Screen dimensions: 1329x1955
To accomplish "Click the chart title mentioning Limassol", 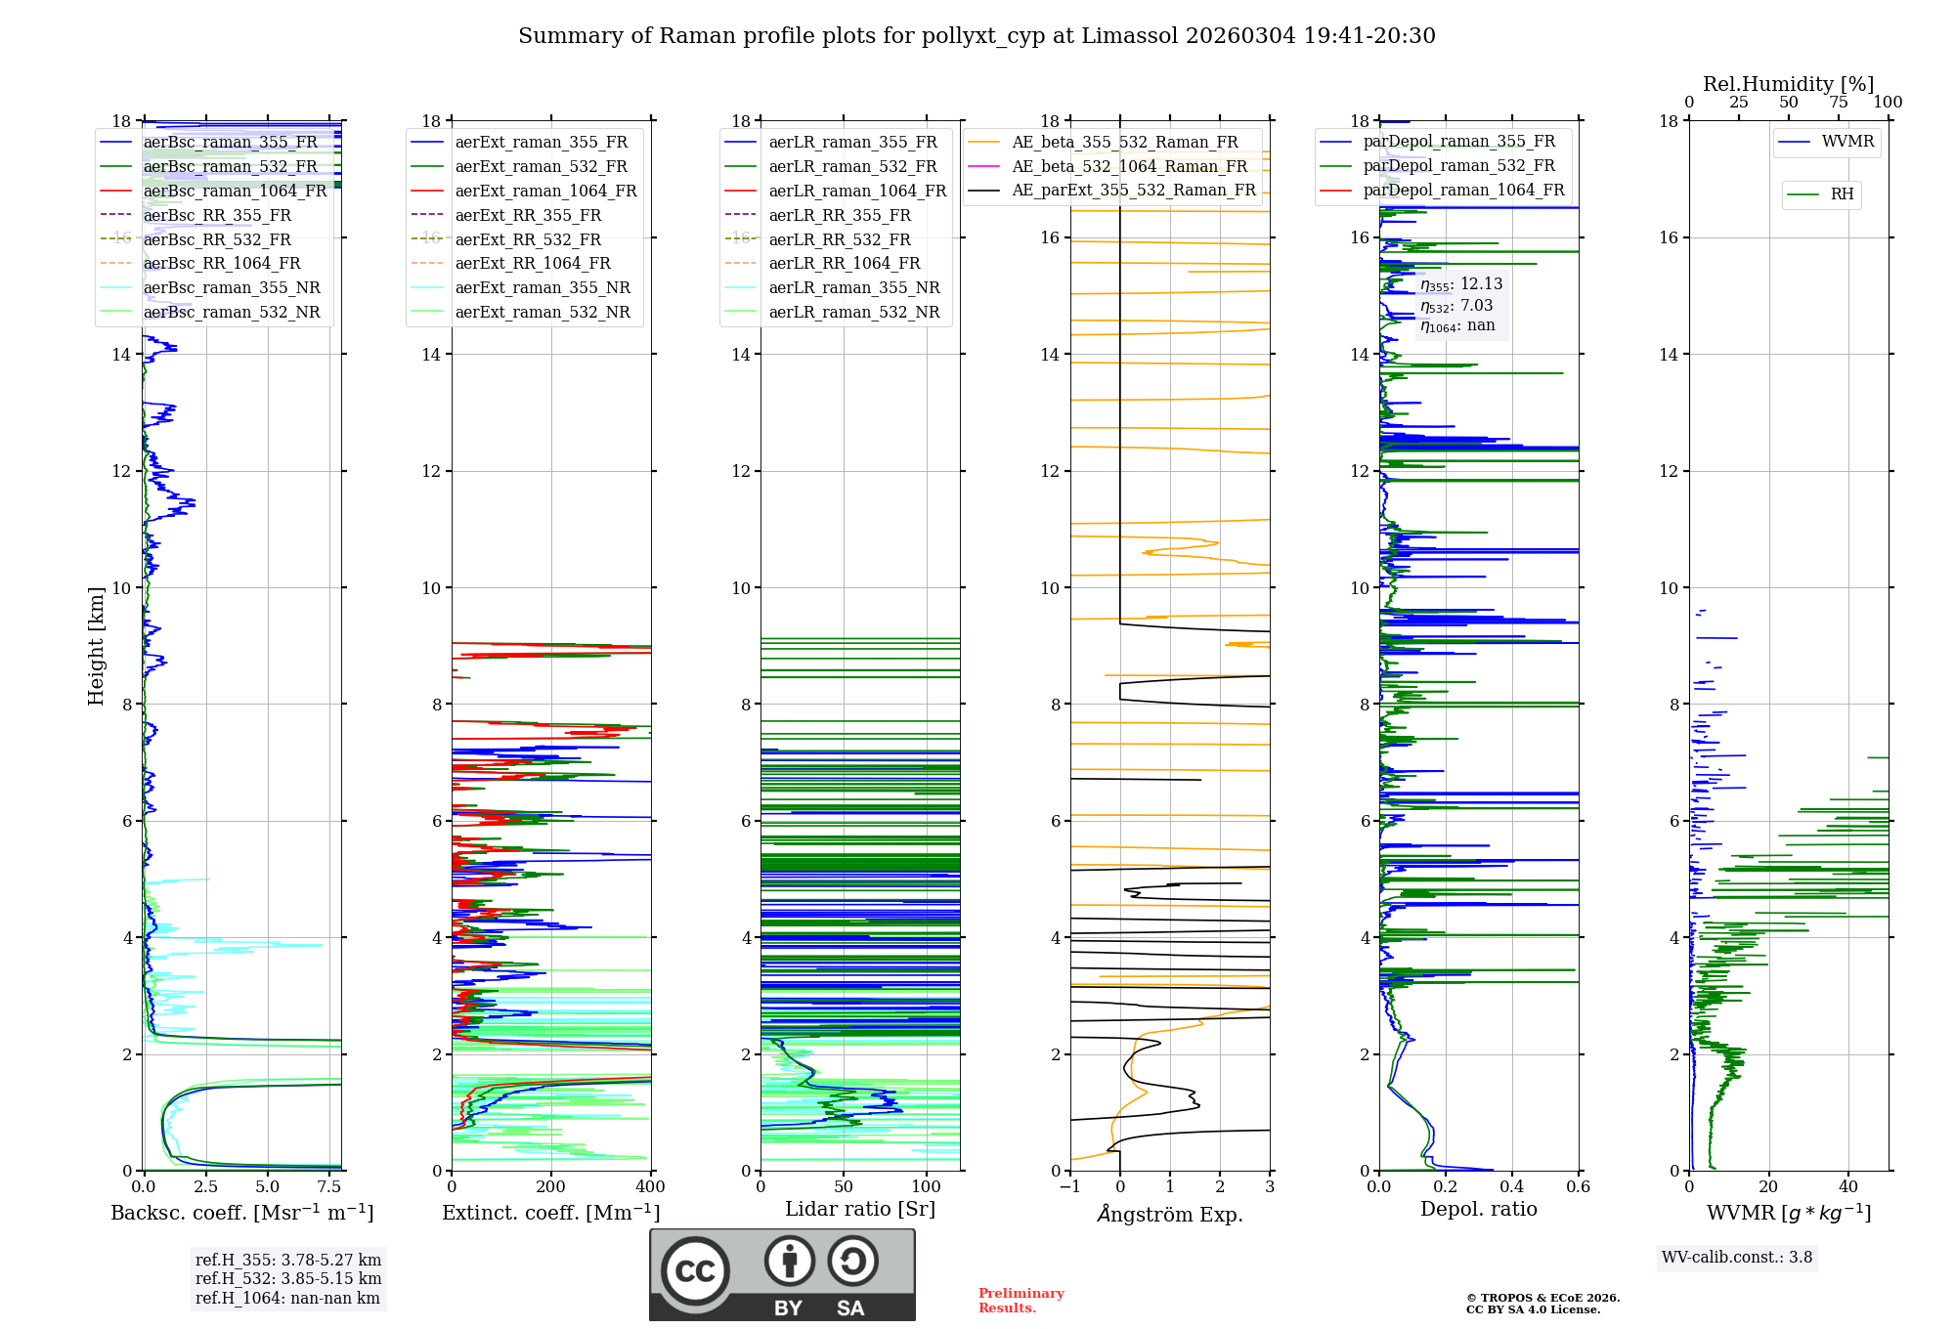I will [977, 36].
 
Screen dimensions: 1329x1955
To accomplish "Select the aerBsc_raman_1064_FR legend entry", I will [235, 192].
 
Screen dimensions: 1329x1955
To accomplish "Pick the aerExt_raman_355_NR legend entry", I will [543, 288].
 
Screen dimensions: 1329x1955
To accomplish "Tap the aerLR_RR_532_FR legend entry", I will [840, 240].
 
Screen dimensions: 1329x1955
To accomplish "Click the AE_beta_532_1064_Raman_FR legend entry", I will [1129, 167].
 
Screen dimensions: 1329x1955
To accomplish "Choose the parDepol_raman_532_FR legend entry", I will [1458, 166].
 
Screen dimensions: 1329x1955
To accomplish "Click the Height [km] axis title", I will [96, 645].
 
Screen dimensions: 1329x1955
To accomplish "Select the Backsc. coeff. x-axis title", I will [241, 1213].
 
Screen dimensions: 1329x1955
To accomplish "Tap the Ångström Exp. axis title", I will [1169, 1215].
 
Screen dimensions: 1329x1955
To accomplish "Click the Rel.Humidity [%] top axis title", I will [1788, 84].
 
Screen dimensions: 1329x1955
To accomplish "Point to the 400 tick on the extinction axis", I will [650, 1187].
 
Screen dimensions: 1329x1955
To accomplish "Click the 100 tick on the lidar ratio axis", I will [926, 1187].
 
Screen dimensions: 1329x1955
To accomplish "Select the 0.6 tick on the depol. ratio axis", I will [1578, 1187].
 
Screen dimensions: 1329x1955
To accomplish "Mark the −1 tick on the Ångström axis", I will [1069, 1187].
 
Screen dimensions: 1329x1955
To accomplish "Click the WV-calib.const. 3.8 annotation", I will [1736, 1258].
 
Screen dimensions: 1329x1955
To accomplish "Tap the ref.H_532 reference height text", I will [287, 1279].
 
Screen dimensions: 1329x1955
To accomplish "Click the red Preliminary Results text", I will [1021, 1301].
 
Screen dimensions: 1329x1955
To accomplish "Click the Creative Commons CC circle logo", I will [695, 1271].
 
